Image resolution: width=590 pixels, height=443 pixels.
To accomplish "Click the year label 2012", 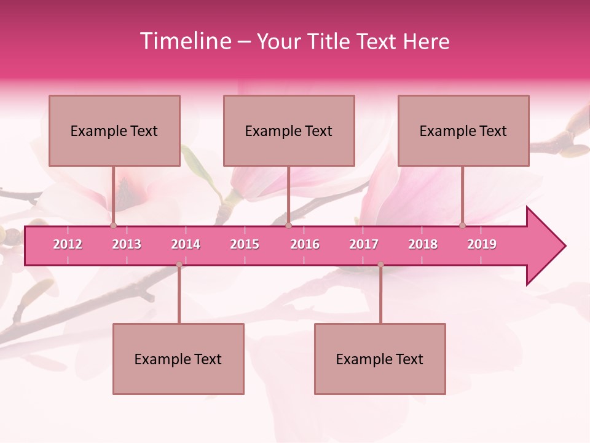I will (68, 244).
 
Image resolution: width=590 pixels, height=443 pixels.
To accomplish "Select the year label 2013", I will (127, 244).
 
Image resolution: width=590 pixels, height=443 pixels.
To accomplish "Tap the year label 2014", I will (186, 244).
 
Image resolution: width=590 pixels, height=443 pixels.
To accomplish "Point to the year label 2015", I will (245, 244).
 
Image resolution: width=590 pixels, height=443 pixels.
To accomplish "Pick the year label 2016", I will (305, 244).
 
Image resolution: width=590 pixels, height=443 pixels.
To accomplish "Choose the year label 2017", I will (364, 244).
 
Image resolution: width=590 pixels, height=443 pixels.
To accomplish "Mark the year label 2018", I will (423, 244).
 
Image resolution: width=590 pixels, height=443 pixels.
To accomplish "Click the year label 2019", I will (482, 244).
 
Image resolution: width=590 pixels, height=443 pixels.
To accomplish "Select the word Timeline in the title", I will (185, 41).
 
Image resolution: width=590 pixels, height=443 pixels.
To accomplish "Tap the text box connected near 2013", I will (114, 130).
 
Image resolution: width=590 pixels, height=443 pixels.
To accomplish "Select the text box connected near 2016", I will (289, 130).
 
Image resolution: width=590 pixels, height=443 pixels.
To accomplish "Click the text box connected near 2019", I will (463, 130).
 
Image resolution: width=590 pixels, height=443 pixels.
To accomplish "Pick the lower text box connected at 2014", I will (178, 359).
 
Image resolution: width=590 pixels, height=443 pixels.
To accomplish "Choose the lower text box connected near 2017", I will (380, 359).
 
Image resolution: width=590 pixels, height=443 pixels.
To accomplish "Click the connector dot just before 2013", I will (113, 226).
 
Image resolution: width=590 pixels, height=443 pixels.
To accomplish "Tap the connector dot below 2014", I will (179, 265).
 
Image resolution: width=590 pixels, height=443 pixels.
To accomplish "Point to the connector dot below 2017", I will (380, 265).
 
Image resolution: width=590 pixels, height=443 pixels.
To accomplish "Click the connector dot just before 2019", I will (462, 226).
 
